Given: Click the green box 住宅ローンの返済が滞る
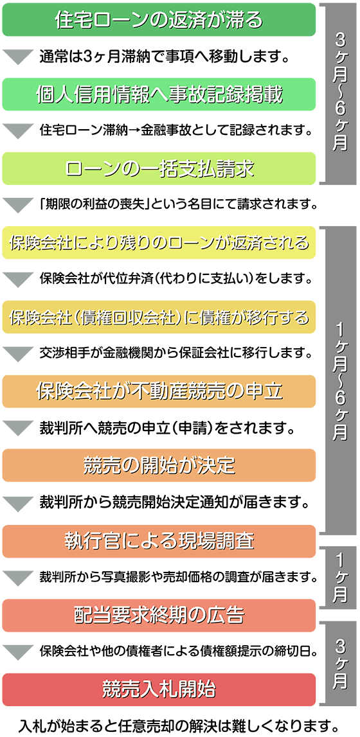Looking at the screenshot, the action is point(159,20).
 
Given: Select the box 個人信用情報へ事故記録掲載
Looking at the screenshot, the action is point(159,94).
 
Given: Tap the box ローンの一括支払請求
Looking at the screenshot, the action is point(159,168).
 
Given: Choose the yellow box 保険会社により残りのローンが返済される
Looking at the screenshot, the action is point(159,242).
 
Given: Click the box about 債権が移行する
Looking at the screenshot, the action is point(159,317).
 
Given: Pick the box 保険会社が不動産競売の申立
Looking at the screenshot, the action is point(159,391).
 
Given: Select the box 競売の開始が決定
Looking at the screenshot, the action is point(159,465).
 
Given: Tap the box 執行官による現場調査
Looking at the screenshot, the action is point(159,541).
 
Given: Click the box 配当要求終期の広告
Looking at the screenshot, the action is point(159,616).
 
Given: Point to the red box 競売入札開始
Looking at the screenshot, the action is point(159,689).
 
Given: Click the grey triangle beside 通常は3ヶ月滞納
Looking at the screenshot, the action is point(17,57).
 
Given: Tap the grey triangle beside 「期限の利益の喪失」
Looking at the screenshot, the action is point(17,206).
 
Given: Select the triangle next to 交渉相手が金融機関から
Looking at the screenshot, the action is point(17,354).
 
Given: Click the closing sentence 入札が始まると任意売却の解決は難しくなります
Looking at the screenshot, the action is point(179,724).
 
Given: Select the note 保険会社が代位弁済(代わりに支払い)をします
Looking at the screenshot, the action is point(177,280).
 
